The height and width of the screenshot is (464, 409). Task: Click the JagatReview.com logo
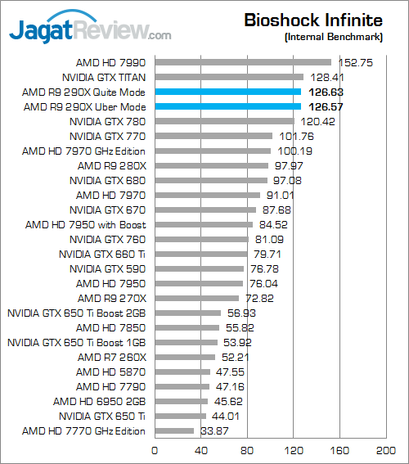pyautogui.click(x=90, y=27)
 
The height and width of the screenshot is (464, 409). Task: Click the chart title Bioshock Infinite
pyautogui.click(x=313, y=20)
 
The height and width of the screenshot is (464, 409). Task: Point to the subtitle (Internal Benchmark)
pyautogui.click(x=334, y=37)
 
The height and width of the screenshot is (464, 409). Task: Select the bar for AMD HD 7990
pyautogui.click(x=243, y=62)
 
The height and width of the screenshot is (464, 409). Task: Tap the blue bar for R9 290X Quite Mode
pyautogui.click(x=228, y=92)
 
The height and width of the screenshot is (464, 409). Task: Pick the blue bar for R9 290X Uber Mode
pyautogui.click(x=228, y=106)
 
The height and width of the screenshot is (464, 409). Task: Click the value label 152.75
pyautogui.click(x=356, y=63)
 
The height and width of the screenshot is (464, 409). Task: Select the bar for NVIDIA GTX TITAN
pyautogui.click(x=229, y=77)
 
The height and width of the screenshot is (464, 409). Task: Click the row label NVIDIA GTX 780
pyautogui.click(x=107, y=122)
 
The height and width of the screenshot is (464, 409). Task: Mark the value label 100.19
pyautogui.click(x=294, y=151)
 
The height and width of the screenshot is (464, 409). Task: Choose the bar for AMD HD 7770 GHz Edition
pyautogui.click(x=174, y=430)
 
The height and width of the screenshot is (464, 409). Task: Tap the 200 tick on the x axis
pyautogui.click(x=385, y=451)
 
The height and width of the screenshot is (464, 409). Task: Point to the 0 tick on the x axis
pyautogui.click(x=155, y=451)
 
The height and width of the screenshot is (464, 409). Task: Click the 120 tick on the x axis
pyautogui.click(x=294, y=451)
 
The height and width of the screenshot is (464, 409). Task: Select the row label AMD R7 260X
pyautogui.click(x=112, y=358)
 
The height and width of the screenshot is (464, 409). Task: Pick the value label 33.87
pyautogui.click(x=214, y=431)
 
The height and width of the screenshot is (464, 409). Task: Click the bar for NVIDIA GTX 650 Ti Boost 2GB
pyautogui.click(x=188, y=313)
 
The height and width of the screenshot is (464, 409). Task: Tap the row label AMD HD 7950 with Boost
pyautogui.click(x=85, y=225)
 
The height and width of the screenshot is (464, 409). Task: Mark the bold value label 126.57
pyautogui.click(x=326, y=107)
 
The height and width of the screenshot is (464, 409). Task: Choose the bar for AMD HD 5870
pyautogui.click(x=182, y=372)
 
